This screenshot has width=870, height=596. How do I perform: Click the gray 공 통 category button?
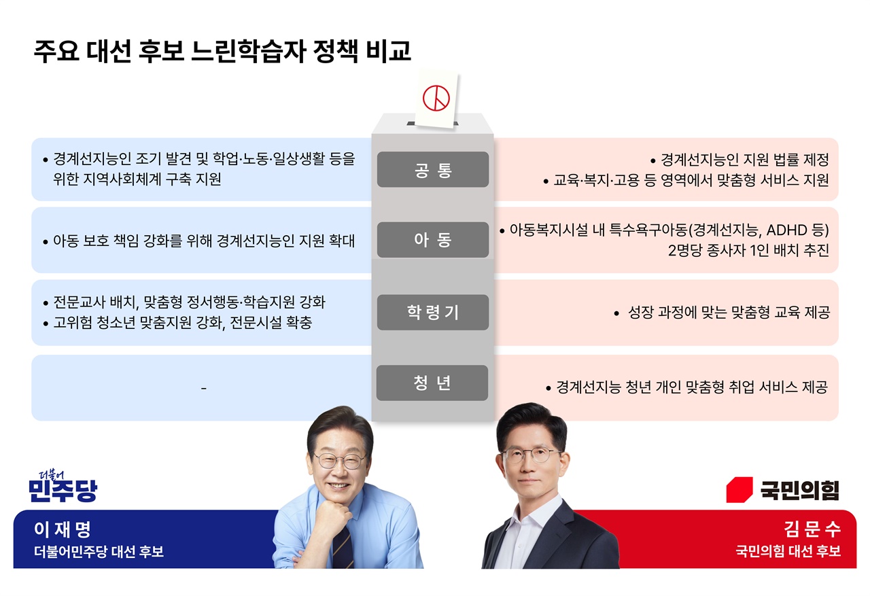pyautogui.click(x=433, y=170)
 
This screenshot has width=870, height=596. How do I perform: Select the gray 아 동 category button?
pyautogui.click(x=433, y=240)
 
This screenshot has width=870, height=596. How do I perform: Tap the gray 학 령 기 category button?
pyautogui.click(x=433, y=312)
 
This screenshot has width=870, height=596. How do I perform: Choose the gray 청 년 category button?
pyautogui.click(x=432, y=383)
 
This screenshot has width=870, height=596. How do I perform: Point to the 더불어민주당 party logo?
pyautogui.click(x=63, y=487)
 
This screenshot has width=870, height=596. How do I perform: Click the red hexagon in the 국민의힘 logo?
pyautogui.click(x=739, y=489)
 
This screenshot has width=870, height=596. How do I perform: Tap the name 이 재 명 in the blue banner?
pyautogui.click(x=62, y=529)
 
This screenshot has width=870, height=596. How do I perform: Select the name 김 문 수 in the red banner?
pyautogui.click(x=812, y=529)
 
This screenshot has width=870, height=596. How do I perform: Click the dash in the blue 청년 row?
pyautogui.click(x=203, y=388)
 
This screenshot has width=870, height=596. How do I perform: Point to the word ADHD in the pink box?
pyautogui.click(x=787, y=230)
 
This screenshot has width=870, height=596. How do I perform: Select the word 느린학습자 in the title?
pyautogui.click(x=249, y=51)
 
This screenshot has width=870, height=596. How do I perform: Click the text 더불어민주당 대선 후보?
pyautogui.click(x=99, y=551)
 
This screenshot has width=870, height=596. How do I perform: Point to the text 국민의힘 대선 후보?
pyautogui.click(x=788, y=551)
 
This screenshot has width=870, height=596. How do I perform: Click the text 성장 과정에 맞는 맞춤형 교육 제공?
pyautogui.click(x=729, y=312)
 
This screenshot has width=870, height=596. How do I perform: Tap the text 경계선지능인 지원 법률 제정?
pyautogui.click(x=745, y=159)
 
